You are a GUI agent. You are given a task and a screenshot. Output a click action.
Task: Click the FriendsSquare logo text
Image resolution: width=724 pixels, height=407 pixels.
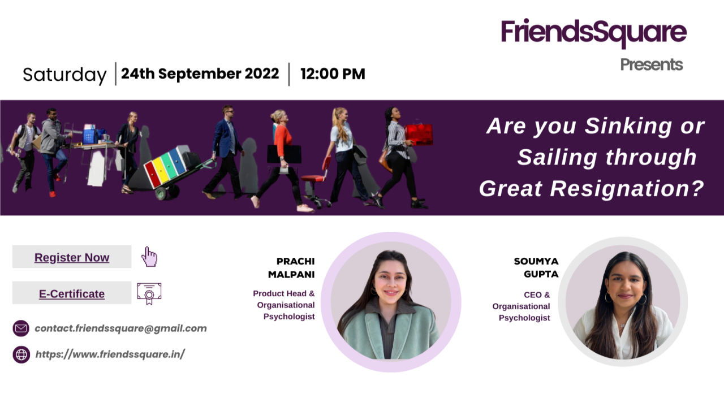point(594,32)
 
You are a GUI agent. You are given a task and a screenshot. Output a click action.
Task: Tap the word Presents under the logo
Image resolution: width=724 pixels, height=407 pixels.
point(651,64)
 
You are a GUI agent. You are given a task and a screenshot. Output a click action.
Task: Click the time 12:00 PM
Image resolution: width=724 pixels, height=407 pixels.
point(333,74)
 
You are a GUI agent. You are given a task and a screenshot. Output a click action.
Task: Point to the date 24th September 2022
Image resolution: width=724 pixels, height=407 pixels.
point(200,73)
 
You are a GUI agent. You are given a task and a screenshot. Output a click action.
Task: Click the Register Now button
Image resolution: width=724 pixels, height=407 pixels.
point(72,257)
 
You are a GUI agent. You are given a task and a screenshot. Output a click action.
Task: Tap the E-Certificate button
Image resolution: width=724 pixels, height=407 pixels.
point(72,293)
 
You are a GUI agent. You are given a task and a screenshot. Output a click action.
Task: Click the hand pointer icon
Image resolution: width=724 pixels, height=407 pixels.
point(149,257)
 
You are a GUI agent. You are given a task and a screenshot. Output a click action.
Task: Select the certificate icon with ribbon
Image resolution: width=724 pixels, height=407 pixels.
point(149,293)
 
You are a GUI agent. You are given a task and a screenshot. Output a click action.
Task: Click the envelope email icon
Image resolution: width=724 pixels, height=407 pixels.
point(21,328)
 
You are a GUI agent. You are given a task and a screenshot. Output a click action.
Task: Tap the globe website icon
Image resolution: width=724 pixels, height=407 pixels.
point(21,354)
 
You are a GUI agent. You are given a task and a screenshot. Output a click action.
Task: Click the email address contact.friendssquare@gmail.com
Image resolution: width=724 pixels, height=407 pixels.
point(120,328)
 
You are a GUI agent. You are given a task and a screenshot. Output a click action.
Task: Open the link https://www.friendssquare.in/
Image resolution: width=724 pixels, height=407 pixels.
point(110,354)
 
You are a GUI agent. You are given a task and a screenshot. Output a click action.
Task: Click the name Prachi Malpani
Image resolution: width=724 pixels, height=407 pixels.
point(291,267)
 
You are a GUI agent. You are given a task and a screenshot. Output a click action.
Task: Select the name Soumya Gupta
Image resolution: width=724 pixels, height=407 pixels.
point(536,267)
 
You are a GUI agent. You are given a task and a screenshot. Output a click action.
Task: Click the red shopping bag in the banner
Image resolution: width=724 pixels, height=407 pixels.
point(419,135)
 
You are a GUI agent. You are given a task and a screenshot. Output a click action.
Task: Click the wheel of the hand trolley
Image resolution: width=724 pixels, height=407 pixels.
point(161,193)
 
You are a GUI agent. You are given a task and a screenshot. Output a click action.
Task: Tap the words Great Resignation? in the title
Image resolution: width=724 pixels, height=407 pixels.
point(592,189)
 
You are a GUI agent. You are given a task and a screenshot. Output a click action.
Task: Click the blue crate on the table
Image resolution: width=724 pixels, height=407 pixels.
point(90,136)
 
